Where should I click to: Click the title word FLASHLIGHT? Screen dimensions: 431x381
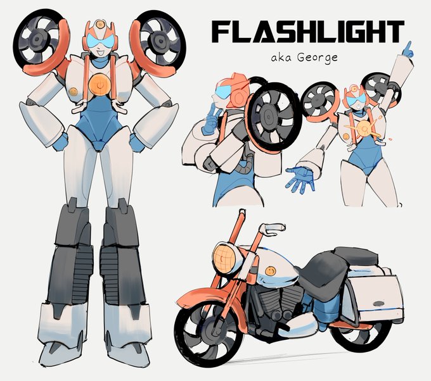pos(307,31)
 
